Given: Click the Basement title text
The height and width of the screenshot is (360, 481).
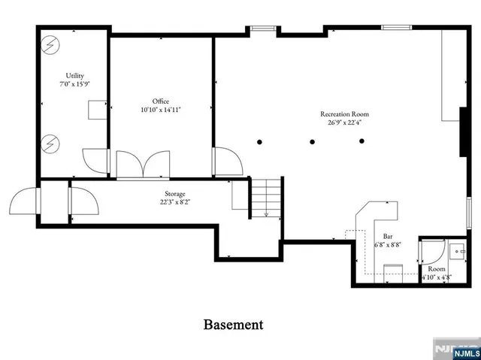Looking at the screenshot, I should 234,325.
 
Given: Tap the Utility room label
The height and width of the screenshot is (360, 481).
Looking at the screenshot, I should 74,76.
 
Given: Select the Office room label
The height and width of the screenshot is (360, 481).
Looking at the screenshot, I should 161,101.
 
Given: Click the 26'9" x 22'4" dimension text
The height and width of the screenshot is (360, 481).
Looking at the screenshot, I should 344,123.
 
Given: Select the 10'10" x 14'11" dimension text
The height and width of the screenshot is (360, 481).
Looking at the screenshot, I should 161,110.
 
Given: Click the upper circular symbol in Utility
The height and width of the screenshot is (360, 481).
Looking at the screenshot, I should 50,44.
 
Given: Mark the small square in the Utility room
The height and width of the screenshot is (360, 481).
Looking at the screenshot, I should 95,110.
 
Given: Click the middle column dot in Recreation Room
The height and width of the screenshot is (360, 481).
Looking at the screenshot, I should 310,141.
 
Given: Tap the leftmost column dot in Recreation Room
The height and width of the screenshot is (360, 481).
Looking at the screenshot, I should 259,141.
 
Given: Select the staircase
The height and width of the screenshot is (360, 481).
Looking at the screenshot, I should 266,198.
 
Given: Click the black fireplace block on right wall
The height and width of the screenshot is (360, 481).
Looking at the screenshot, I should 464,132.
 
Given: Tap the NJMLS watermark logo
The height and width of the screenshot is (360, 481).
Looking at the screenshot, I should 455,350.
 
